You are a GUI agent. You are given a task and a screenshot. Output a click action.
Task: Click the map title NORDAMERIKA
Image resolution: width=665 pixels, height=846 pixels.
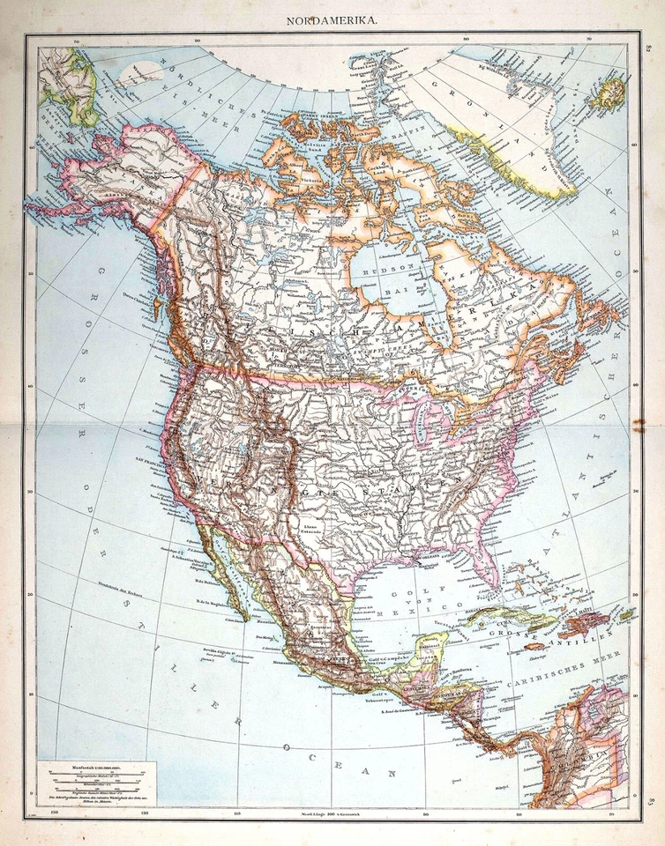(x=333, y=19)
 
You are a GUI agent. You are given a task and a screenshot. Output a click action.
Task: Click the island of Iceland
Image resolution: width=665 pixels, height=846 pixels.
(x=608, y=92)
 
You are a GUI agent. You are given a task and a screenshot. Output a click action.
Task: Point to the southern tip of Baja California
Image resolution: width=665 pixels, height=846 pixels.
(x=242, y=616)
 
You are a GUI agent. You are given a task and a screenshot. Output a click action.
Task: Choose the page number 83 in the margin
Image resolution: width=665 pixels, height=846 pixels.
(x=650, y=800)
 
